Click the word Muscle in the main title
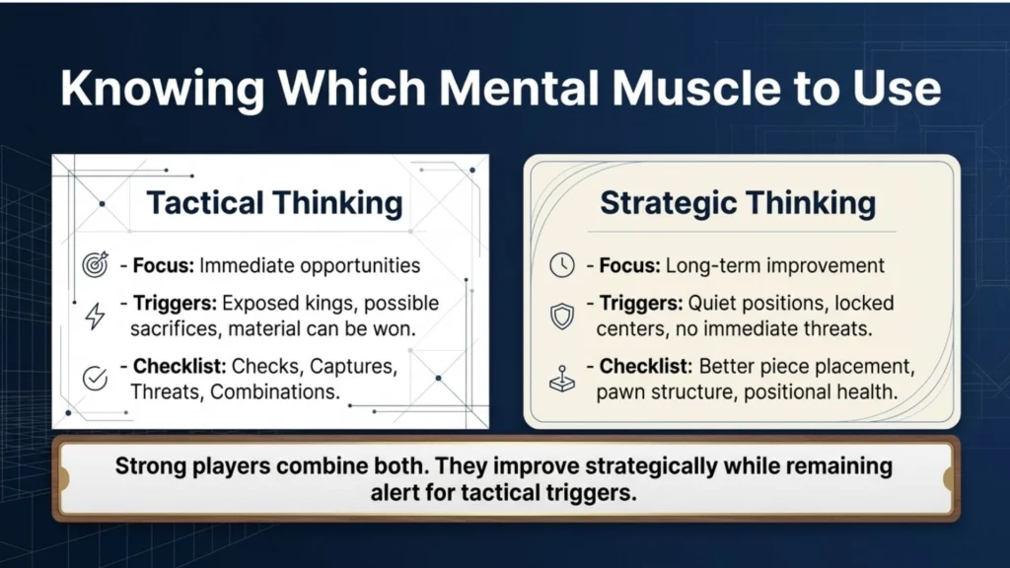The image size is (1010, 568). pyautogui.click(x=695, y=88)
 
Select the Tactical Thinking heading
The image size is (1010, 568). pyautogui.click(x=274, y=203)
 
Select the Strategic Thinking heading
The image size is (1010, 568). pyautogui.click(x=738, y=203)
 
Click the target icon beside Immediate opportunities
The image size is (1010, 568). pyautogui.click(x=96, y=264)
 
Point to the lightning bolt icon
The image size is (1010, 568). pyautogui.click(x=96, y=317)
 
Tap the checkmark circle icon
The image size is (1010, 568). pyautogui.click(x=96, y=378)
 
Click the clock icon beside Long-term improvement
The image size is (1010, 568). pyautogui.click(x=561, y=264)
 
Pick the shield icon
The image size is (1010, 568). pyautogui.click(x=561, y=317)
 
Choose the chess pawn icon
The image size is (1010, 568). pyautogui.click(x=561, y=379)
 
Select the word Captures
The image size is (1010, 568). pyautogui.click(x=353, y=367)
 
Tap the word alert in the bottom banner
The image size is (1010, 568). pyautogui.click(x=394, y=493)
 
